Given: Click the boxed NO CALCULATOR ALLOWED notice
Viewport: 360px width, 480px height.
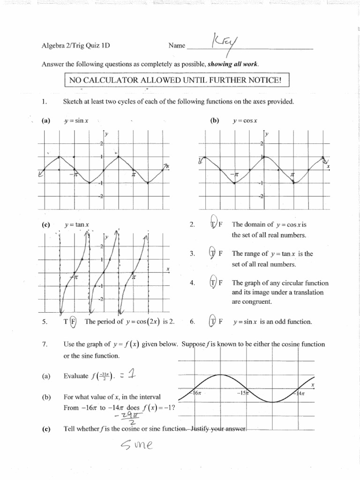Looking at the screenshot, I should (176, 81).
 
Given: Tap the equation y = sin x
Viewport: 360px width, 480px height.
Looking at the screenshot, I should (73, 120).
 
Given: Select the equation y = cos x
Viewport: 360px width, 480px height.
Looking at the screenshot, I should (243, 120).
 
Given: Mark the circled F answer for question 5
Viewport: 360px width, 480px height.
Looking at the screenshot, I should (73, 322).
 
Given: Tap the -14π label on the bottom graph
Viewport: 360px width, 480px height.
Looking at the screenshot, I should (300, 394).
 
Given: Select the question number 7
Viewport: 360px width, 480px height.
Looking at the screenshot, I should (44, 344).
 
